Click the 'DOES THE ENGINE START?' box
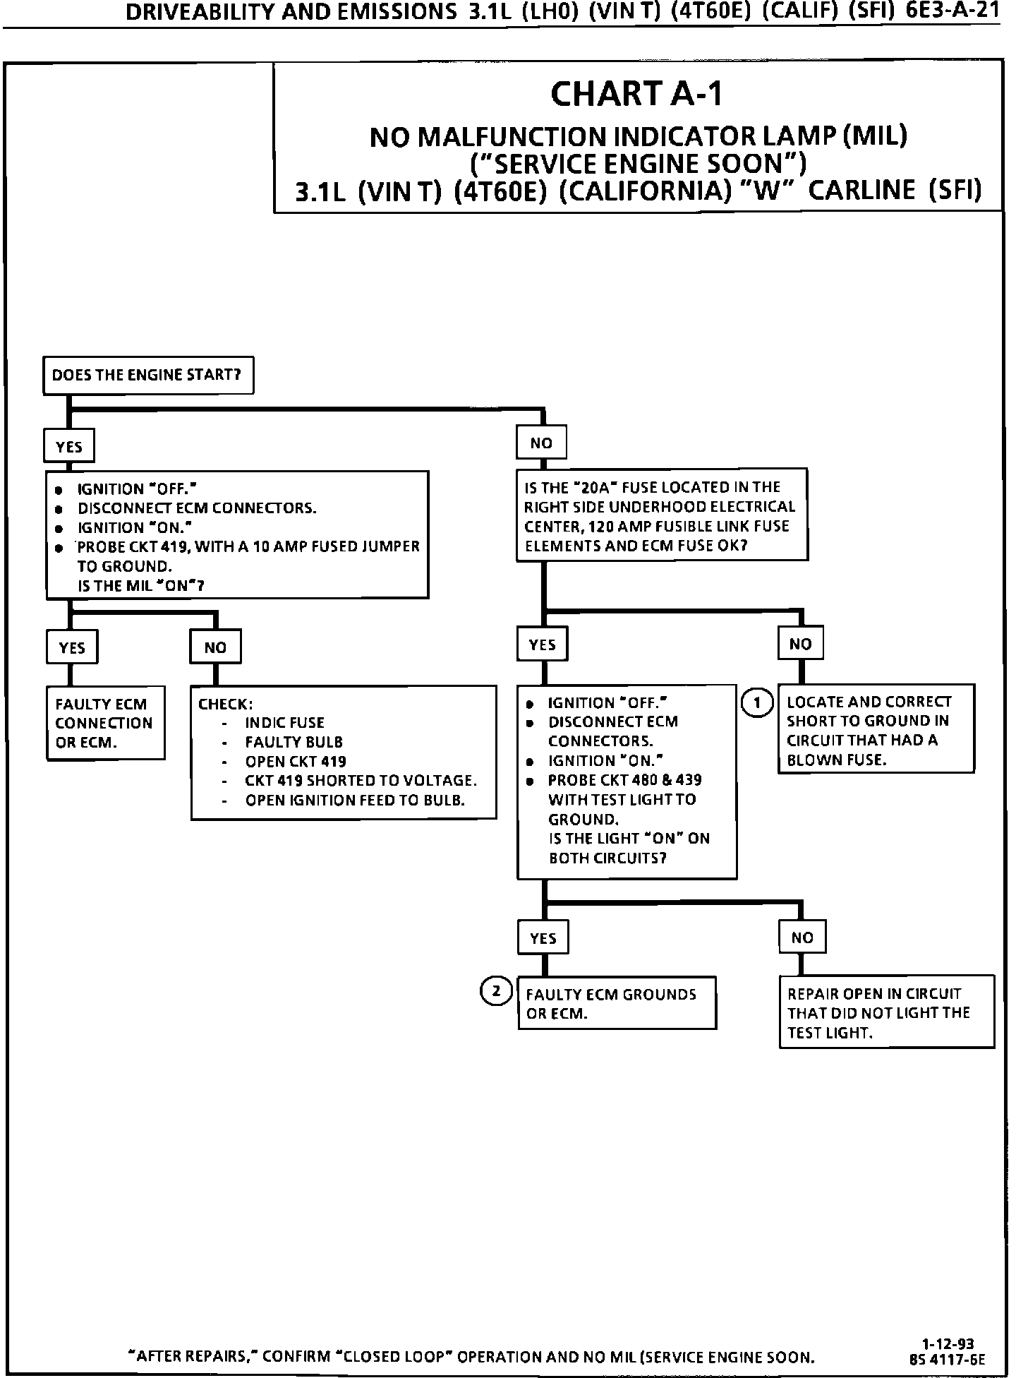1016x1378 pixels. pyautogui.click(x=147, y=375)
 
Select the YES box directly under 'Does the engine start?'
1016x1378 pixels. pyautogui.click(x=69, y=447)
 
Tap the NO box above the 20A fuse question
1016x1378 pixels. pyautogui.click(x=541, y=443)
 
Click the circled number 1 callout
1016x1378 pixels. pyautogui.click(x=757, y=702)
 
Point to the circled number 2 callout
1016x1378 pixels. pyautogui.click(x=497, y=991)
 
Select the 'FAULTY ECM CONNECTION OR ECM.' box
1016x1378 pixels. pyautogui.click(x=105, y=723)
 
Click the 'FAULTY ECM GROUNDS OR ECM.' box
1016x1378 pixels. pyautogui.click(x=617, y=1003)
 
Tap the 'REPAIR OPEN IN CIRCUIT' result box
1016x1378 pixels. pyautogui.click(x=886, y=1012)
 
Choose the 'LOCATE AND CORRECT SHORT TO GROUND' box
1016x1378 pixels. pyautogui.click(x=876, y=730)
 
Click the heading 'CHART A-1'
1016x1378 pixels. pyautogui.click(x=636, y=94)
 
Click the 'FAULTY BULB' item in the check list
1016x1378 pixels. pyautogui.click(x=294, y=742)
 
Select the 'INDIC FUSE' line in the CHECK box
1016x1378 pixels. pyautogui.click(x=284, y=723)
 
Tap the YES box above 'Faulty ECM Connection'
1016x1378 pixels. pyautogui.click(x=72, y=647)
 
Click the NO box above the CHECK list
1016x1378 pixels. pyautogui.click(x=215, y=647)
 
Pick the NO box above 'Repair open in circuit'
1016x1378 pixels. pyautogui.click(x=802, y=937)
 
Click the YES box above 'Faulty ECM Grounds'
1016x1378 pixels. pyautogui.click(x=543, y=938)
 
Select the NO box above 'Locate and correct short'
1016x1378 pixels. pyautogui.click(x=801, y=644)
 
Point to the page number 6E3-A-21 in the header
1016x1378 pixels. pyautogui.click(x=953, y=13)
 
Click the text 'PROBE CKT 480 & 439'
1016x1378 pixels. pyautogui.click(x=624, y=780)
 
